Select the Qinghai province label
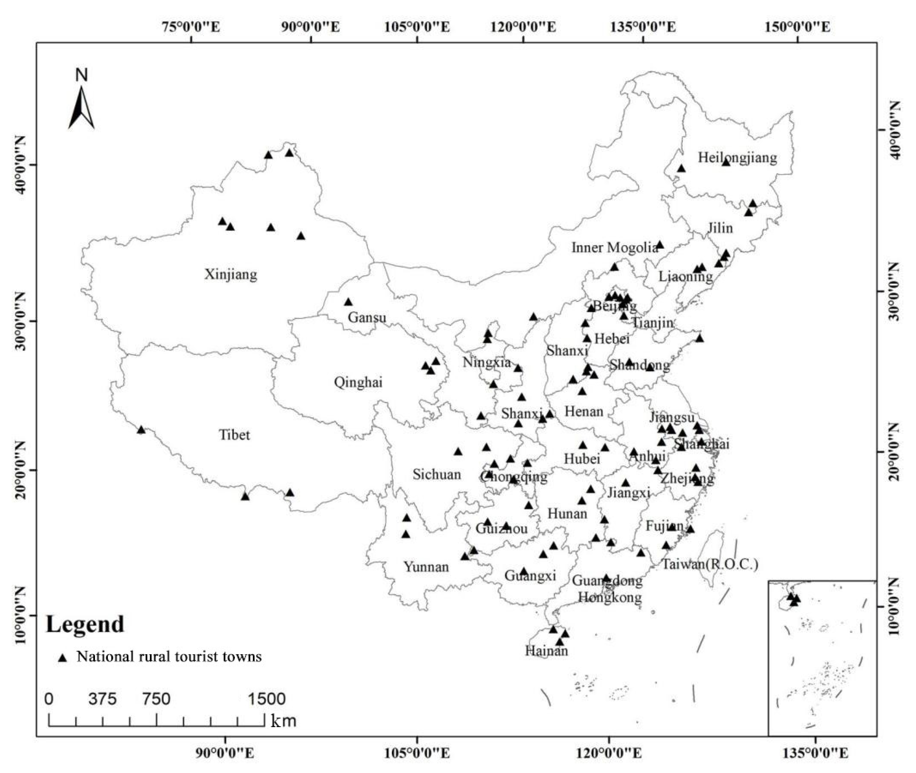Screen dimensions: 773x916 tap(358, 382)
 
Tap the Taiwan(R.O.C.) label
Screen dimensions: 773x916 tap(710, 564)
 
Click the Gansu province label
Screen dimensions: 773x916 tap(367, 317)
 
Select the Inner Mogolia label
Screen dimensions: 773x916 tap(614, 248)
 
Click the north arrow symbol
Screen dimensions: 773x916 tap(81, 108)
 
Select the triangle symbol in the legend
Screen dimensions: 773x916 tap(63, 657)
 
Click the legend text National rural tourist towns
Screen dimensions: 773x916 tap(169, 656)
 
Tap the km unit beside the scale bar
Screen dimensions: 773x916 tap(284, 721)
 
